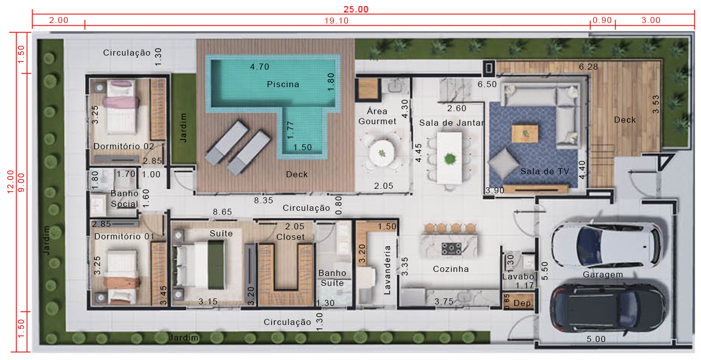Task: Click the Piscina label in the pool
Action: coord(283,84)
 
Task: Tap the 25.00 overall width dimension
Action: coord(356,9)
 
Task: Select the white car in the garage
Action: coord(606,245)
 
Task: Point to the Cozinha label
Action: coord(451,269)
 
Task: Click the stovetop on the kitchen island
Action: coord(451,248)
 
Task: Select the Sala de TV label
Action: coord(545,171)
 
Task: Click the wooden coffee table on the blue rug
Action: coord(525,134)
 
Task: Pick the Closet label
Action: coord(290,237)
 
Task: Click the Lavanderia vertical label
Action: coord(388,270)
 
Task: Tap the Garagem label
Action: coord(603,274)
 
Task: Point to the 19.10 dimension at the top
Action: coord(336,21)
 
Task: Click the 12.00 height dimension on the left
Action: coord(11,182)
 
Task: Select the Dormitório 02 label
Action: coord(124,146)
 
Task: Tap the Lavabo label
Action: coord(518,277)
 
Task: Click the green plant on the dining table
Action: coord(450,159)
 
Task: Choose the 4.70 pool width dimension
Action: coord(259,67)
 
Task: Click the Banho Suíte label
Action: coord(332,278)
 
